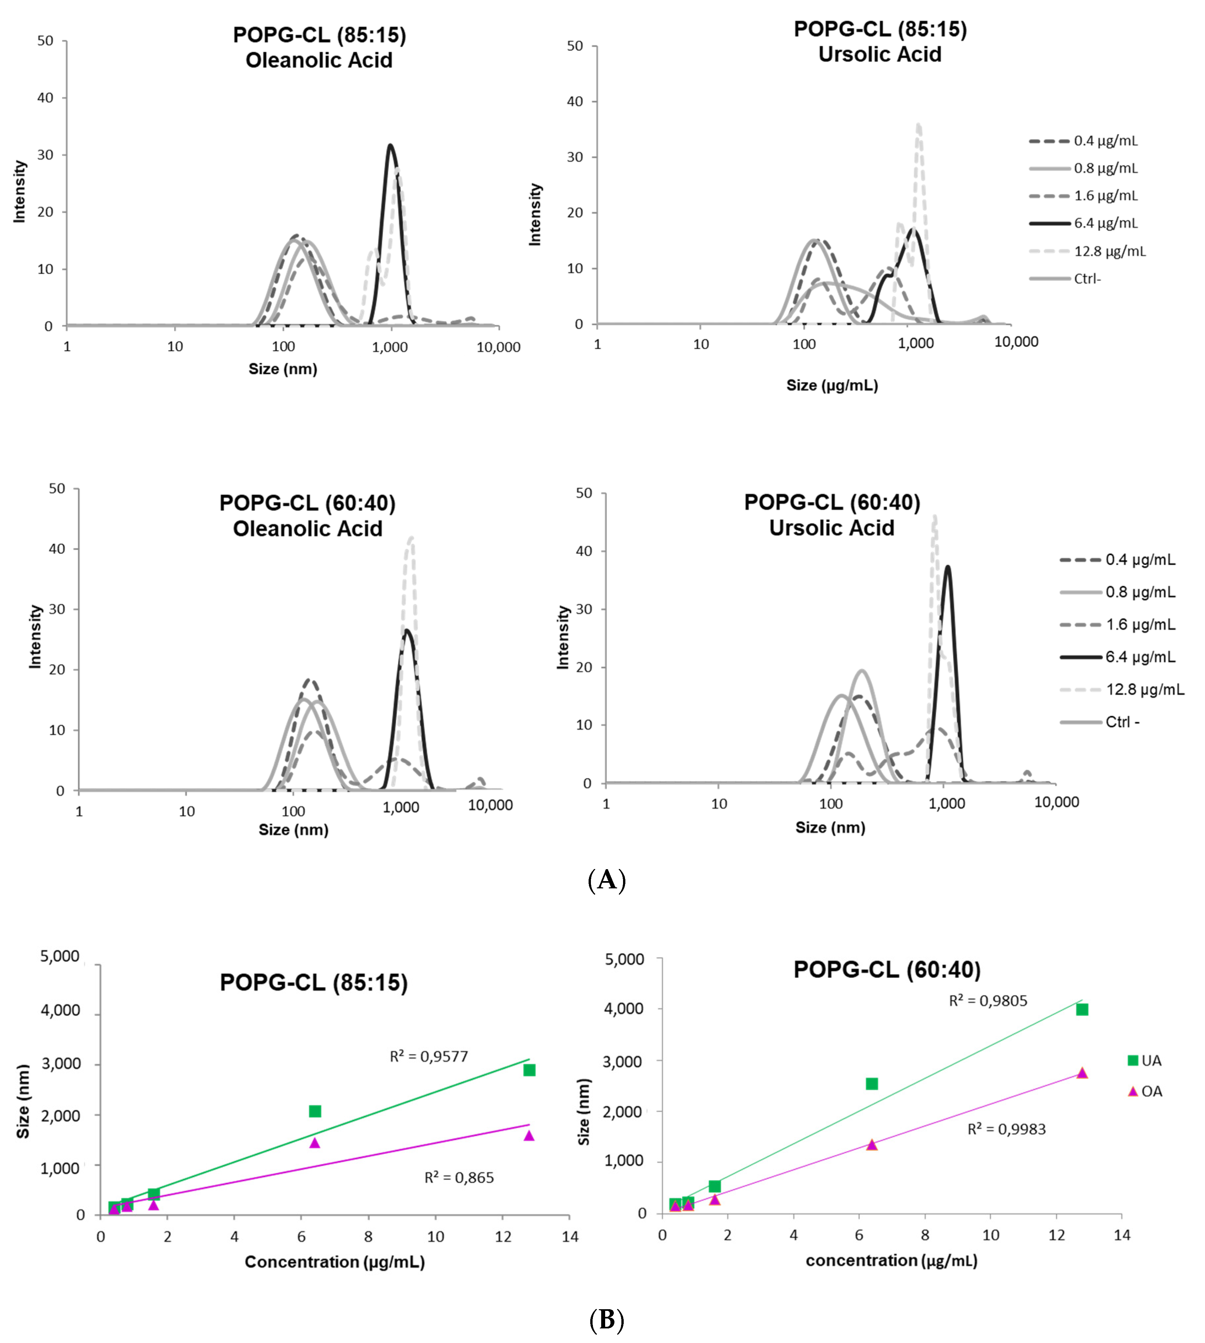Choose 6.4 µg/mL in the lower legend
(x=1140, y=657)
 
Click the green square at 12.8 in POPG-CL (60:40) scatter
(x=1082, y=1009)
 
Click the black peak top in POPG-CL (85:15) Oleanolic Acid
(x=391, y=146)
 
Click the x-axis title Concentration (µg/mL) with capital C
(x=334, y=1261)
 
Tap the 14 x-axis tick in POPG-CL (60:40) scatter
(x=1122, y=1235)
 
